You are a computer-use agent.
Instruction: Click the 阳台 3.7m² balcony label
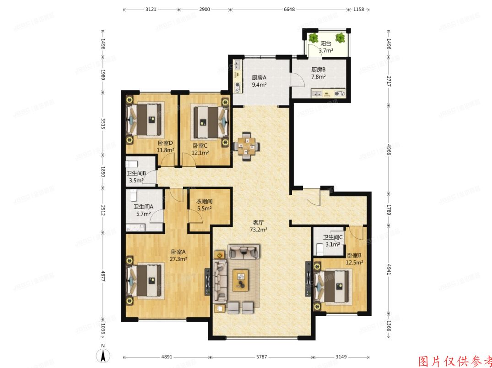[x=326, y=48]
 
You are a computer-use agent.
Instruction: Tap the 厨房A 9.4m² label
[x=259, y=81]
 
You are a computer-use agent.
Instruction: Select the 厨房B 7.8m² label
[x=318, y=73]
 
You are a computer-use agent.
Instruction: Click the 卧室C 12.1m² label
[x=200, y=149]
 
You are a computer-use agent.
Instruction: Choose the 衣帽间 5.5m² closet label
[x=204, y=205]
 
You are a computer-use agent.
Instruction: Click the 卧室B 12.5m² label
[x=355, y=259]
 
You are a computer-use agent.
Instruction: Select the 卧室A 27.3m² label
[x=178, y=255]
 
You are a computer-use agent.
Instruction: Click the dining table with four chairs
[x=247, y=147]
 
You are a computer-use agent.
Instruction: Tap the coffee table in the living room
[x=241, y=280]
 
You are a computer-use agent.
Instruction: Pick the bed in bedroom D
[x=145, y=120]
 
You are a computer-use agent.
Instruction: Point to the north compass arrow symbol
[x=104, y=354]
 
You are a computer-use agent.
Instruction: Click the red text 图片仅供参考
[x=456, y=361]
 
